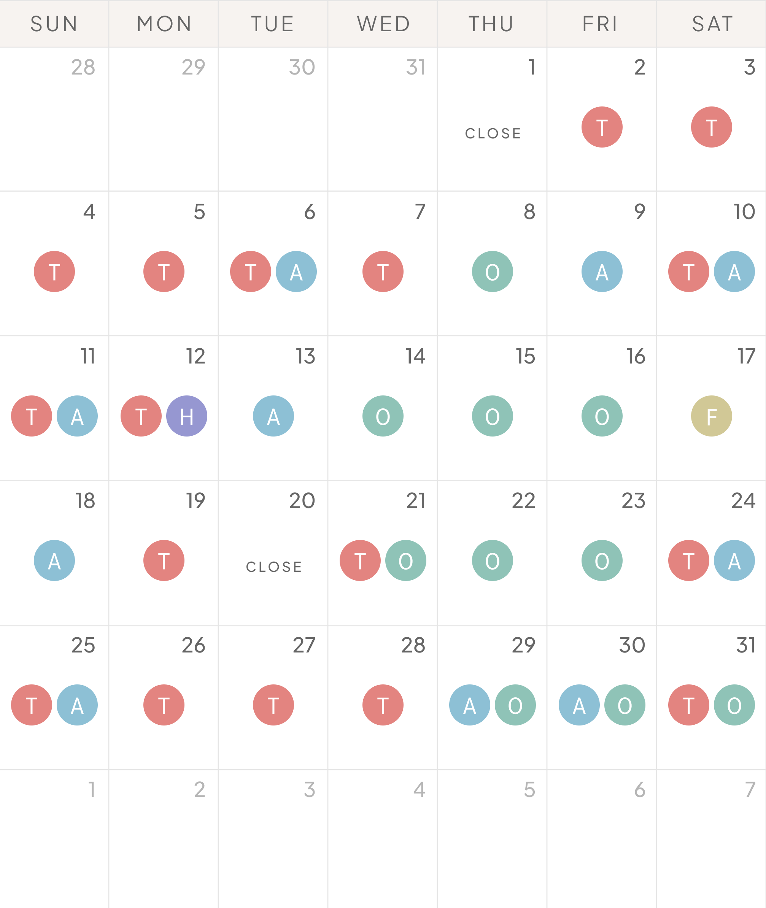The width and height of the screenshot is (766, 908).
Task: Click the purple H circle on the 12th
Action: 187,416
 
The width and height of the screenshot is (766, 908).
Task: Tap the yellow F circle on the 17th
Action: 711,416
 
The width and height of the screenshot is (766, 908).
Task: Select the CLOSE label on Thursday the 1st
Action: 493,133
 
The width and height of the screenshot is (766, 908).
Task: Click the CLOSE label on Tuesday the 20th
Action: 274,567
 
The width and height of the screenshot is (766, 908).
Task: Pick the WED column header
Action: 383,24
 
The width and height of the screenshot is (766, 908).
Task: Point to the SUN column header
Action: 54,24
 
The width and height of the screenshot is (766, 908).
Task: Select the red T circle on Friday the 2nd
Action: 602,127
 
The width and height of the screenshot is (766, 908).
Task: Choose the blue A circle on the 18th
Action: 54,560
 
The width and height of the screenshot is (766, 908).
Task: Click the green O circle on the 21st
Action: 405,560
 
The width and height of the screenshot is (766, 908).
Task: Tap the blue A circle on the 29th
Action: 469,705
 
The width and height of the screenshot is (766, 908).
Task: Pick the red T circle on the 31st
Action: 689,705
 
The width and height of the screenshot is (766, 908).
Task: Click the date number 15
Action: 525,356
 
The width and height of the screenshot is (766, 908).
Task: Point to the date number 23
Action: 633,501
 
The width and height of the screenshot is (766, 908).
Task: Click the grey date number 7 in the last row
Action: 750,789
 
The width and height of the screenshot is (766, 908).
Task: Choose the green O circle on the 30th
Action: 625,705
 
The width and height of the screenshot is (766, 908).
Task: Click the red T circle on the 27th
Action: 273,705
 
